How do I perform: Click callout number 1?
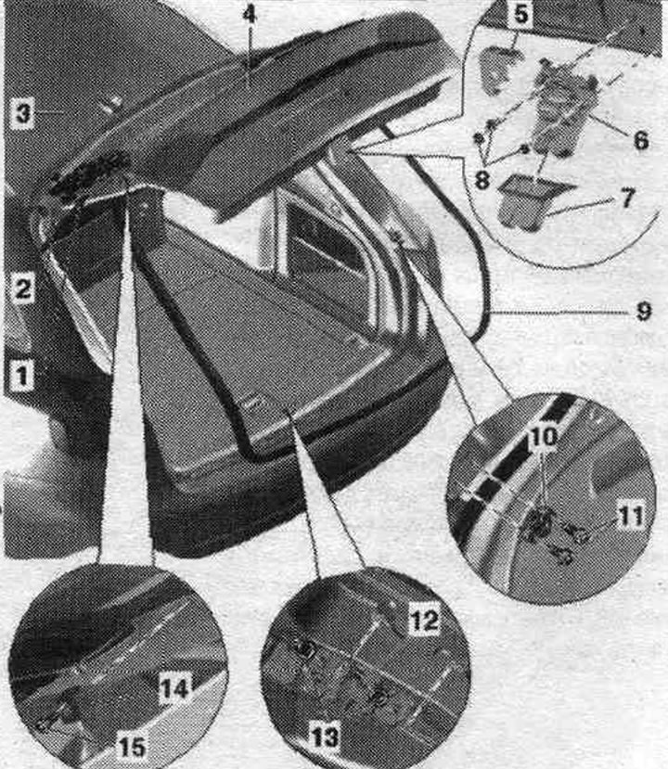(x=22, y=376)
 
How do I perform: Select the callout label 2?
(x=23, y=288)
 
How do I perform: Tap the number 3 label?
(x=22, y=113)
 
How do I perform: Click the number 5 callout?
(x=520, y=14)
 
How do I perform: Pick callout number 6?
(x=641, y=140)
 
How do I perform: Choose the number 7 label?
(x=627, y=198)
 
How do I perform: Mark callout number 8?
(x=482, y=180)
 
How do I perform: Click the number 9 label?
(x=644, y=311)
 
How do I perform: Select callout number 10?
(x=543, y=436)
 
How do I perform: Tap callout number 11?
(x=631, y=517)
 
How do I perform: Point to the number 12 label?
(x=425, y=621)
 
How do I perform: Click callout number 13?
(x=325, y=737)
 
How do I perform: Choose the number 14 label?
(x=175, y=688)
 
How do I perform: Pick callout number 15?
(x=133, y=747)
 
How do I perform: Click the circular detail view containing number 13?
(x=366, y=668)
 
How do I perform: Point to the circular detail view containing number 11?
(x=551, y=498)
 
